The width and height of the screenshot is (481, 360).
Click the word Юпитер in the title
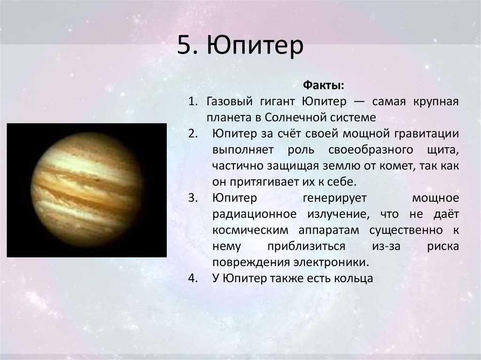coord(255,46)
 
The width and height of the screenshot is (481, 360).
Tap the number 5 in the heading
coord(184,45)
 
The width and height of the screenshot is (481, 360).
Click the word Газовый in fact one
coord(229,101)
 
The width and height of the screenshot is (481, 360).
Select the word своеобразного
coord(371,150)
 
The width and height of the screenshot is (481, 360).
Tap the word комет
coord(396,166)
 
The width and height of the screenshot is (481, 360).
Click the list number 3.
coord(193,198)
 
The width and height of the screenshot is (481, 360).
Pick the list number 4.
coord(193,278)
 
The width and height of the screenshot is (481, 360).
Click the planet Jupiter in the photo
coord(87,190)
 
